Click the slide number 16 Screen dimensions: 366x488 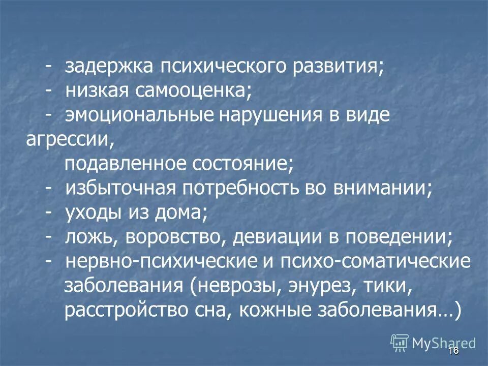coord(454,351)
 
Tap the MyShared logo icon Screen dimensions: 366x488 coord(400,343)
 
